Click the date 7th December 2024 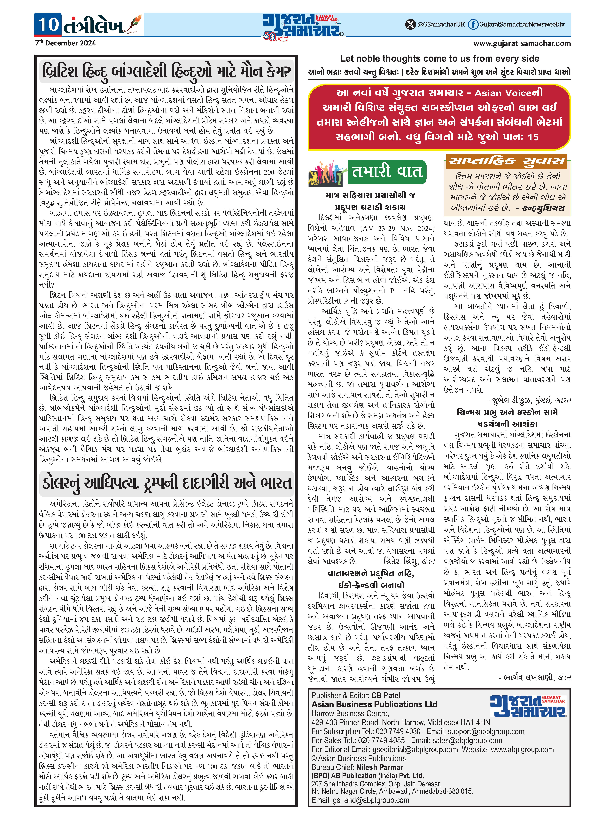tap(66, 43)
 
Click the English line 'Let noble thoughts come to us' tap(439, 59)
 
